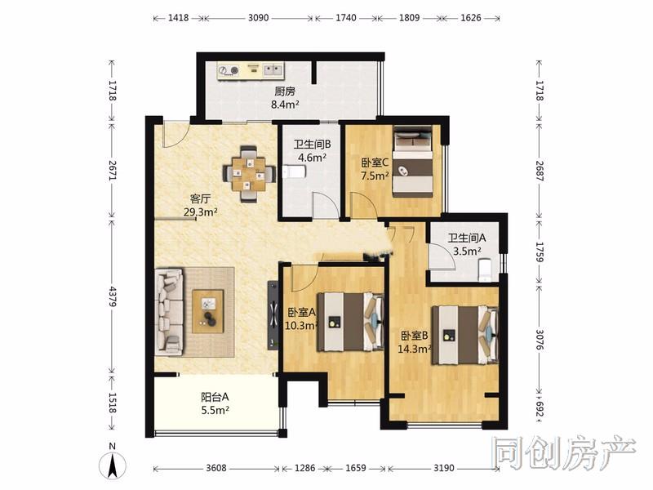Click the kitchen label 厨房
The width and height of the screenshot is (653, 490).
point(285,91)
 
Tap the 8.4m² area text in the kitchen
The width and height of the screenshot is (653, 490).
point(285,105)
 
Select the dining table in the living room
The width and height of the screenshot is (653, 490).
point(249,174)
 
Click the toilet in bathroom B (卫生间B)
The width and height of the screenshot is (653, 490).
point(295,171)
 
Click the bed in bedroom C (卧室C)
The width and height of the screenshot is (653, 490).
point(413,162)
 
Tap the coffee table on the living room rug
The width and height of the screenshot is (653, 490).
point(207,311)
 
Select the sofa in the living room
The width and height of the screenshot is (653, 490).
point(169,312)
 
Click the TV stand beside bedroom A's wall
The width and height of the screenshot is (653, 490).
point(273,315)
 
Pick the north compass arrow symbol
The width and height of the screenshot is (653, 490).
point(113,465)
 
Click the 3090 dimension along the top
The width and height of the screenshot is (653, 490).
point(258,18)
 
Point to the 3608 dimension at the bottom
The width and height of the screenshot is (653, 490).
point(216,468)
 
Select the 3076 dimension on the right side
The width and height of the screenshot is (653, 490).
point(540,341)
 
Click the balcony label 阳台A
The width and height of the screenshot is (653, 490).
point(215,397)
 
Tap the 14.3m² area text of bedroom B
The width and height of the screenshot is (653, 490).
point(414,349)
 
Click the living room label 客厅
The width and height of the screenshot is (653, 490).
point(200,198)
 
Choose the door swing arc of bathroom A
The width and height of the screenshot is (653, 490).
point(446,253)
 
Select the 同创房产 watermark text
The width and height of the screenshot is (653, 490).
point(564,453)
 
